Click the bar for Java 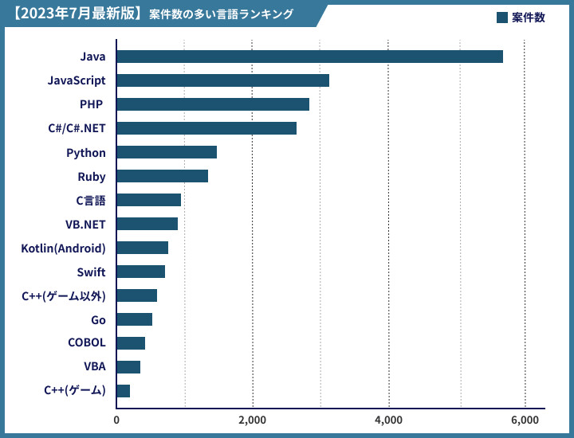click(x=309, y=57)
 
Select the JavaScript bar click(x=222, y=80)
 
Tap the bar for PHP click(x=213, y=104)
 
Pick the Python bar click(x=167, y=152)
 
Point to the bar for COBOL click(x=131, y=343)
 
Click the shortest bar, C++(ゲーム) click(x=124, y=391)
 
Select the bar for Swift click(x=141, y=272)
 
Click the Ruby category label click(x=92, y=177)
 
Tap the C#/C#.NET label click(x=77, y=129)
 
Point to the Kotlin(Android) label click(x=63, y=248)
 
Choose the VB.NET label click(x=85, y=225)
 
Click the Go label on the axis click(x=98, y=320)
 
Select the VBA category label click(x=94, y=368)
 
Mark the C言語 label click(x=90, y=201)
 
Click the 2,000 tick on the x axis click(x=253, y=420)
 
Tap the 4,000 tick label click(x=389, y=420)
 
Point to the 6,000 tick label click(x=525, y=420)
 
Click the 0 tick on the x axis click(x=116, y=420)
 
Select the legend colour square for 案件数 click(x=501, y=18)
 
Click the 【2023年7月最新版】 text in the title click(x=78, y=14)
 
